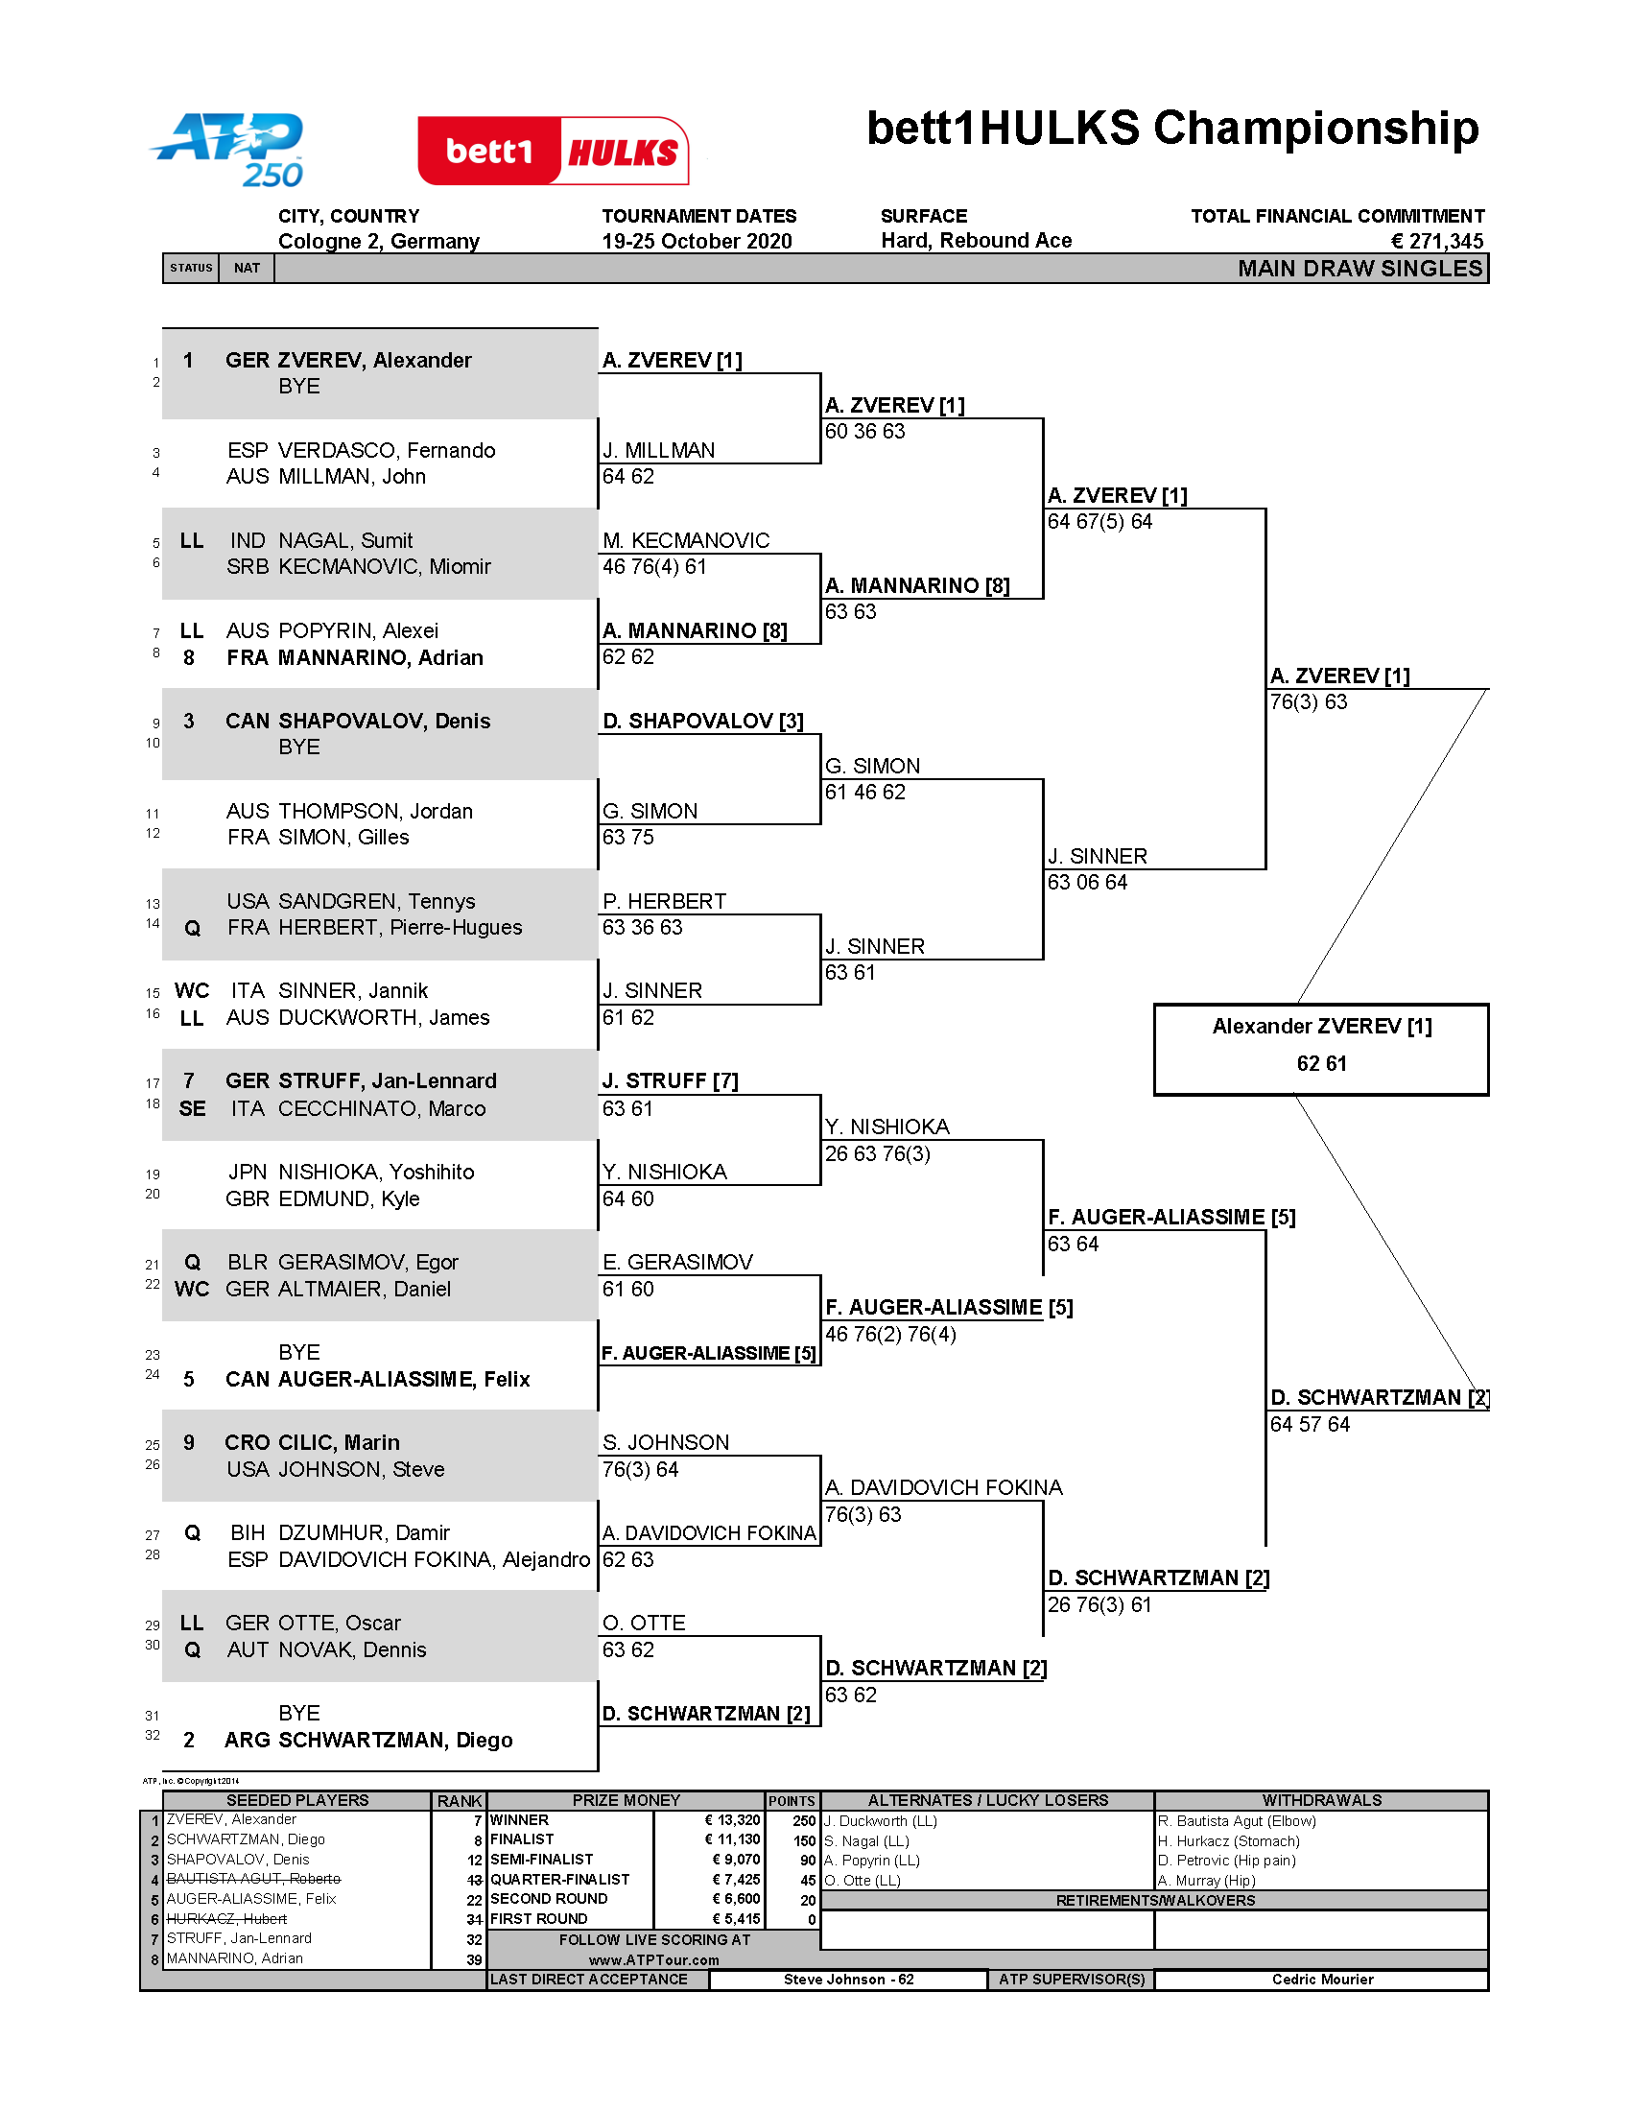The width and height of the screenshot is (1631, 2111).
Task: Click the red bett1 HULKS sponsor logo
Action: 553,151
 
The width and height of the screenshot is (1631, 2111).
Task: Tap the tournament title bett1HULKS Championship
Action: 1172,129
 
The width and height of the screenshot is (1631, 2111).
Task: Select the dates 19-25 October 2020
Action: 697,241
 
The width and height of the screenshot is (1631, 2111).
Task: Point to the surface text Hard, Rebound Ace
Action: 976,241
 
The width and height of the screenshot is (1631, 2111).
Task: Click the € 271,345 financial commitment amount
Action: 1436,241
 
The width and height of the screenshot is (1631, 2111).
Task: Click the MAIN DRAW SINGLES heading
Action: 1359,269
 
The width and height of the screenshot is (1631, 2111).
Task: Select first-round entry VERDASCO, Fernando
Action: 387,450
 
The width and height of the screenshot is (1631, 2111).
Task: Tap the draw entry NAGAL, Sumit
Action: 345,540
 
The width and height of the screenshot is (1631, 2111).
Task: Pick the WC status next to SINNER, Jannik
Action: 191,991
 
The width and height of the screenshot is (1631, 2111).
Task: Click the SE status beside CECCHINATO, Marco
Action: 191,1108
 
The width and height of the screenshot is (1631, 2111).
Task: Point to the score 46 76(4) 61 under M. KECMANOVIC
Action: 654,566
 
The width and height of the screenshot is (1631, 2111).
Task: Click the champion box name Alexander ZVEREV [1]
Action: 1322,1027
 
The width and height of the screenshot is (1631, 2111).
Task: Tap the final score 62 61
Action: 1321,1063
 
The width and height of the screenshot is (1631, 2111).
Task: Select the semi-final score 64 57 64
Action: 1310,1424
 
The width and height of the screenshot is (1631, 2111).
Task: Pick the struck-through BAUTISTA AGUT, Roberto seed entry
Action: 253,1878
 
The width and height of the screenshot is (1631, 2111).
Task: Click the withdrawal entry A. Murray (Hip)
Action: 1206,1880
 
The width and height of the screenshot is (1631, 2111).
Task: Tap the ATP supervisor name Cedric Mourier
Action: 1322,1979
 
